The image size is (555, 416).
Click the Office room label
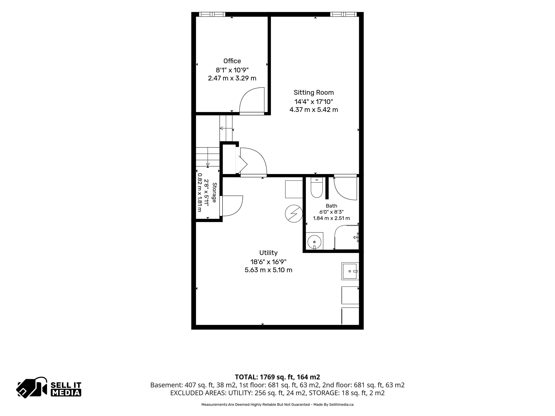point(232,61)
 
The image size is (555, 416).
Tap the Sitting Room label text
point(314,93)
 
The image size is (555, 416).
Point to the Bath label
point(331,206)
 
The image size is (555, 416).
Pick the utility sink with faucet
point(350,271)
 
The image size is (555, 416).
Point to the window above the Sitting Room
point(343,14)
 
